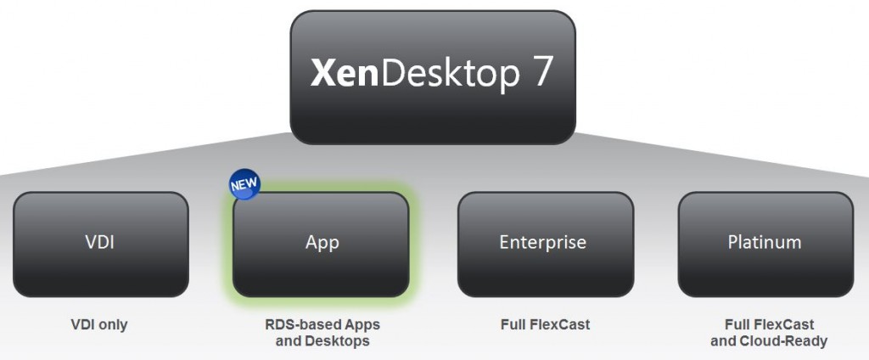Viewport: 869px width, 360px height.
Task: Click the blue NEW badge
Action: [x=244, y=185]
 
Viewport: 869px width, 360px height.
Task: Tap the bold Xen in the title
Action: [x=345, y=73]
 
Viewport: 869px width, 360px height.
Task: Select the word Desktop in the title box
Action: [x=450, y=75]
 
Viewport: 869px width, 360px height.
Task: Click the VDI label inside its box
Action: [x=100, y=242]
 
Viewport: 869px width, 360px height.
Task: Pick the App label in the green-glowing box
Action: [x=322, y=244]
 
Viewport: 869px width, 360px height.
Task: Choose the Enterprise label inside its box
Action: [x=542, y=244]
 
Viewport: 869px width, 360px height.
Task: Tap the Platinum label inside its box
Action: [x=765, y=242]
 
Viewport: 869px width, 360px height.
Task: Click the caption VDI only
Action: [x=99, y=324]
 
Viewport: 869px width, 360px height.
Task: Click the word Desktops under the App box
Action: [x=336, y=340]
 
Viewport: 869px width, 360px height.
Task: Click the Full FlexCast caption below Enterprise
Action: [x=546, y=324]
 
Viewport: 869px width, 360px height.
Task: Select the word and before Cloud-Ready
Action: [x=723, y=340]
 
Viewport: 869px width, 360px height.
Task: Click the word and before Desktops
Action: [x=288, y=340]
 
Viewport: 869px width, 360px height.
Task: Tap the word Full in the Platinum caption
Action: [x=737, y=324]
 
